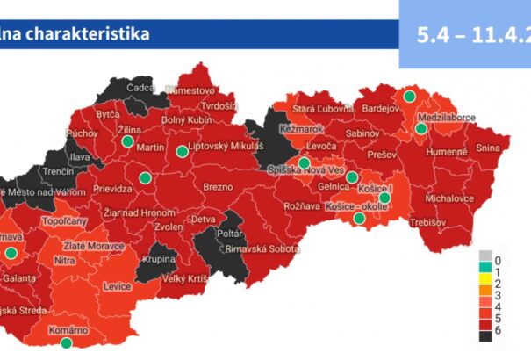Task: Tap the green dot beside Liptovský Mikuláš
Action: click(x=182, y=152)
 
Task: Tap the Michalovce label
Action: click(x=449, y=199)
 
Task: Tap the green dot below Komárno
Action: click(x=66, y=343)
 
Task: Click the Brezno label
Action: click(x=218, y=187)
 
